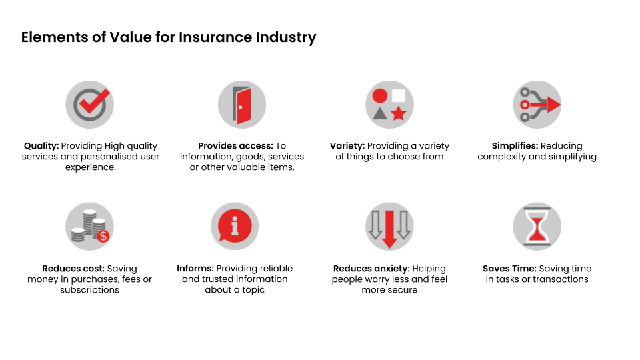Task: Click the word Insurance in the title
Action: click(x=215, y=37)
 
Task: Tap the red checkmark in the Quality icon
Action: click(x=95, y=102)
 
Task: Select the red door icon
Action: click(x=243, y=106)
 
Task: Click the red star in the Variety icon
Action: click(x=399, y=113)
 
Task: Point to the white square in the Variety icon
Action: click(x=399, y=95)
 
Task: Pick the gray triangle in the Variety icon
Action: click(x=380, y=113)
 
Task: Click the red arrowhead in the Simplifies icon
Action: click(x=554, y=105)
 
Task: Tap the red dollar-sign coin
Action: click(x=103, y=236)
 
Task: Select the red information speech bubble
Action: click(x=234, y=227)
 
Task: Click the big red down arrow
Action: click(x=389, y=229)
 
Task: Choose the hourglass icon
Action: click(x=537, y=226)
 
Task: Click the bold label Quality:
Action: click(x=41, y=146)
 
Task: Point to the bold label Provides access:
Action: click(x=235, y=146)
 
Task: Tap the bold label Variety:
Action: click(x=347, y=146)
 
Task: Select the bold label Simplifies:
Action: click(x=515, y=146)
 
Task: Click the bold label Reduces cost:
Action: click(x=73, y=269)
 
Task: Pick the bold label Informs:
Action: click(x=195, y=269)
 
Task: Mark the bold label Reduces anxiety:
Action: click(x=371, y=269)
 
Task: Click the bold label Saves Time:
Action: click(x=509, y=269)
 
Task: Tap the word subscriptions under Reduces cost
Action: click(x=90, y=290)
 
